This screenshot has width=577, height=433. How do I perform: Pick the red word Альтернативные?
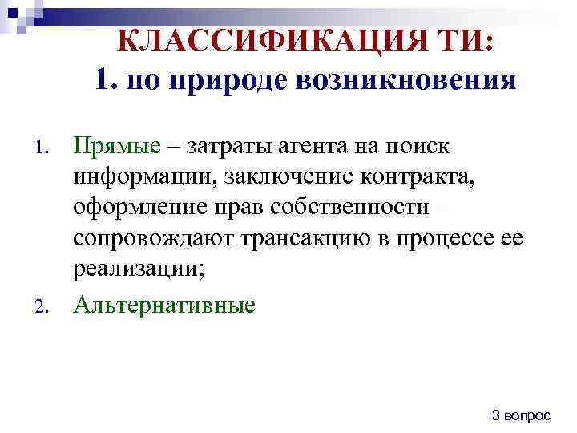tap(164, 305)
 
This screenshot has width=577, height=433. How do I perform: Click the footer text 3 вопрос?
tap(521, 415)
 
